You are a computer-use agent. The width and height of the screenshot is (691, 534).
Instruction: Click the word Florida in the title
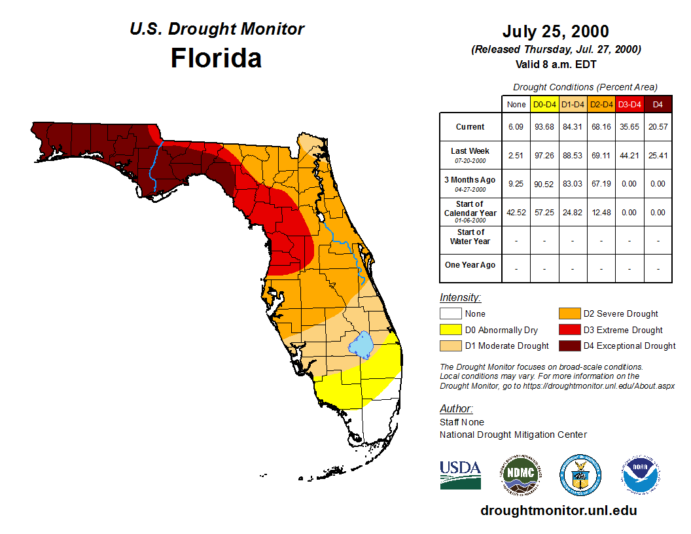pos(216,58)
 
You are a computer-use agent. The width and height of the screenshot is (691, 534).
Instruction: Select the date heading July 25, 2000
pos(556,31)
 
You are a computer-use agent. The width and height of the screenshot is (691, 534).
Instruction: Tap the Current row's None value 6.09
pos(516,127)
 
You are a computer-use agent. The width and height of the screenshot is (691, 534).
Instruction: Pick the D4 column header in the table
pos(658,104)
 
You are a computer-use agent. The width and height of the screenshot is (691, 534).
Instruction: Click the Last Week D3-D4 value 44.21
pos(629,156)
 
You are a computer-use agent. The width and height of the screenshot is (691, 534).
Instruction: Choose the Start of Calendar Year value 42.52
pos(516,213)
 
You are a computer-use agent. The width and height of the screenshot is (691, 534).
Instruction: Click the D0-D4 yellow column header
pos(544,104)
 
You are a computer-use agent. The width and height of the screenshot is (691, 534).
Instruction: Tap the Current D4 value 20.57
pos(658,127)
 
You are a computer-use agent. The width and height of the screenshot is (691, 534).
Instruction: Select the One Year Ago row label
pos(470,265)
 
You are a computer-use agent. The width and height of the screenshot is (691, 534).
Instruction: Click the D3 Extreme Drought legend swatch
pos(568,330)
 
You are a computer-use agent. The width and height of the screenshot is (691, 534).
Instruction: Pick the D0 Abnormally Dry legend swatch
pos(450,330)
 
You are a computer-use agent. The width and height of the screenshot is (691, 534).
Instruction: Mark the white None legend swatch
pos(450,314)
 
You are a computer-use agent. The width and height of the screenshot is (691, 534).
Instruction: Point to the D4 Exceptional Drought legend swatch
pos(568,346)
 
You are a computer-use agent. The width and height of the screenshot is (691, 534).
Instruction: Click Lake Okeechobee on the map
pos(361,344)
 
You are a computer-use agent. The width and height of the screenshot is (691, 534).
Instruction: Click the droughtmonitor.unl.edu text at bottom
pos(558,510)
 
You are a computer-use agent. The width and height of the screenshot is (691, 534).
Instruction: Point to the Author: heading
pos(456,409)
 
